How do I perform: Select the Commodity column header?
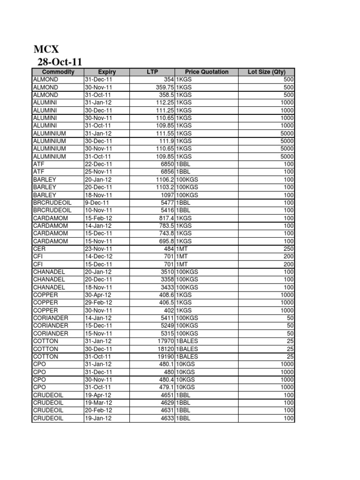click(58, 72)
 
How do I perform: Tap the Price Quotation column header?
click(207, 72)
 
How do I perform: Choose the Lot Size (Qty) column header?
click(266, 72)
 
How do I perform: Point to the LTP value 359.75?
click(165, 87)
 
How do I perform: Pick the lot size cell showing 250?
click(288, 249)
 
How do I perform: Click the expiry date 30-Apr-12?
click(98, 295)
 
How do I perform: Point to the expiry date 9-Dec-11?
click(97, 203)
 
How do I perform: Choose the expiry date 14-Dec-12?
click(98, 257)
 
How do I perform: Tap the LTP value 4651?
click(167, 395)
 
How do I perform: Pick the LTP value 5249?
click(167, 326)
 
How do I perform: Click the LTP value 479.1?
click(166, 387)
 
